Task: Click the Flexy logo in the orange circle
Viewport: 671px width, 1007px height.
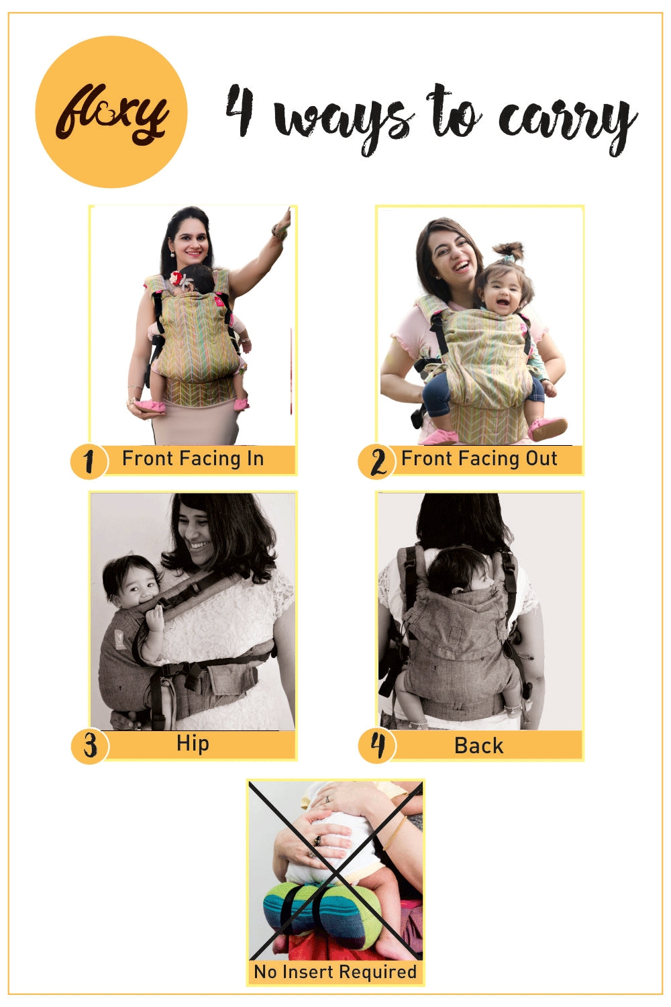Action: pos(111,112)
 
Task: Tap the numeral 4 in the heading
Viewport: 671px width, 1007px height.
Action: pos(240,111)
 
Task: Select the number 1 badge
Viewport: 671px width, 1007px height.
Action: pos(89,462)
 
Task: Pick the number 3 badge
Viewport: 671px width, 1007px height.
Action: pos(90,746)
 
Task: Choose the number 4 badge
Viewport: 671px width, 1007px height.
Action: pos(378,746)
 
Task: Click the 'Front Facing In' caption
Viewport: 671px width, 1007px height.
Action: pos(193,459)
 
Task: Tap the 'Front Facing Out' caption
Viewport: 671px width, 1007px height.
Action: pos(479,459)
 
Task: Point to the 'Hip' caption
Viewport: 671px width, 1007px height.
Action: pos(193,744)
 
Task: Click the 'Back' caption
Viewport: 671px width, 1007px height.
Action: pos(478,746)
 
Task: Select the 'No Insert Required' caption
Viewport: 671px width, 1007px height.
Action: pos(335,972)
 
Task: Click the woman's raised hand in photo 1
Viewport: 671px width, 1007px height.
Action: pos(285,220)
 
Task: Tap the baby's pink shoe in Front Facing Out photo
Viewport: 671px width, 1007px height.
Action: pos(548,428)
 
